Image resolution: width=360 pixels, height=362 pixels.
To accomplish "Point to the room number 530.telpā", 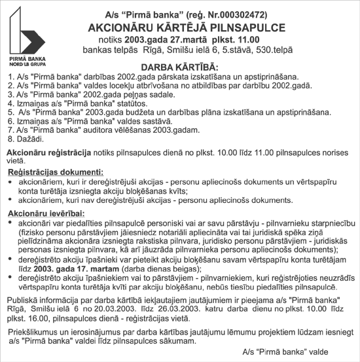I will [x=272, y=52].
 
